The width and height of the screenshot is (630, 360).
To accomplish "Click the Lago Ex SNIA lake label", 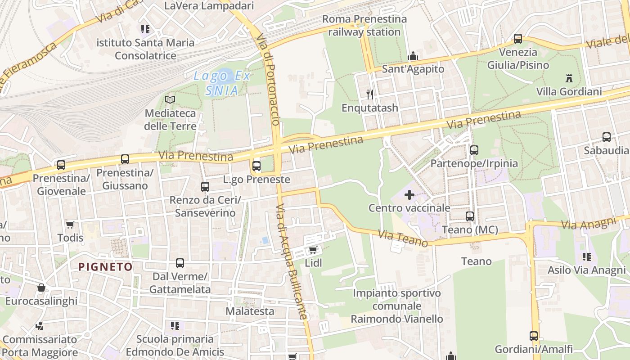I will [222, 83].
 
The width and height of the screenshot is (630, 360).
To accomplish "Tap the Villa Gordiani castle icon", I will [569, 78].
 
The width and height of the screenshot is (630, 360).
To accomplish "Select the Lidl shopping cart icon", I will [313, 250].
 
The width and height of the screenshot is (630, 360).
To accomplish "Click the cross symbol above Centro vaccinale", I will [409, 195].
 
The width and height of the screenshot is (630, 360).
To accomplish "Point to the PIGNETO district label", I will [106, 267].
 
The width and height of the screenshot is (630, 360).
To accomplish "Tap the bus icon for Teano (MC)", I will [470, 216].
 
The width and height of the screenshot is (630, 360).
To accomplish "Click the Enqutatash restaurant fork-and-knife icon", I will [370, 94].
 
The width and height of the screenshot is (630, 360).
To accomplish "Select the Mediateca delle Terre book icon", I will [170, 99].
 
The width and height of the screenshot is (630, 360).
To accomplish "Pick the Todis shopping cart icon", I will [70, 224].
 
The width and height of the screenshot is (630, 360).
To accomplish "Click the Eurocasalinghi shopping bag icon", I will [41, 288].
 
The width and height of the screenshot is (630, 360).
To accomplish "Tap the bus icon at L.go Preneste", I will [256, 166].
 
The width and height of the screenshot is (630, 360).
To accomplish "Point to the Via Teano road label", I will [403, 238].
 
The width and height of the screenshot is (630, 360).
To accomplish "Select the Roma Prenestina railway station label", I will [364, 26].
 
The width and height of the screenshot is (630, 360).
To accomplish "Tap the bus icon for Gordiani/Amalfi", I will [534, 336].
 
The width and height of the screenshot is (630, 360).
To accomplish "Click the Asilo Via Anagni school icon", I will [586, 257].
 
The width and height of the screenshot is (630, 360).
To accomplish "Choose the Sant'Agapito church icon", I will [413, 56].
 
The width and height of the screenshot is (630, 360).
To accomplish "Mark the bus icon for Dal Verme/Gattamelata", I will [180, 263].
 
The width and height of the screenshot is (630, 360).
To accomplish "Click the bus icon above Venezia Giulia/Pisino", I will [518, 39].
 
